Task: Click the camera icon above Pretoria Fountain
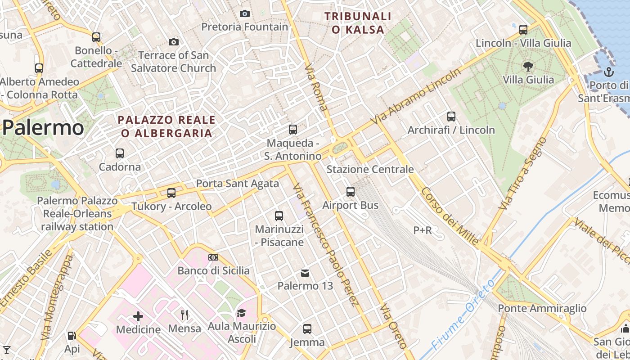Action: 244,13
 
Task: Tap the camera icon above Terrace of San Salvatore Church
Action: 174,42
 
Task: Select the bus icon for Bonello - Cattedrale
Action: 96,37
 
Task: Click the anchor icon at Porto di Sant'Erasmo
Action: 608,72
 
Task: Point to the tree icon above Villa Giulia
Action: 528,67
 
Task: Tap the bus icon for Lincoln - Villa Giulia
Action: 523,30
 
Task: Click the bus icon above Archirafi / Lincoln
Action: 451,116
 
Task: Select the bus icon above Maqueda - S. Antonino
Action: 293,130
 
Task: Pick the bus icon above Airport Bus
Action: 351,192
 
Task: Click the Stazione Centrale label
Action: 370,169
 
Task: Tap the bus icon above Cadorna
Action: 120,153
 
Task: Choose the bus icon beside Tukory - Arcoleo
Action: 171,193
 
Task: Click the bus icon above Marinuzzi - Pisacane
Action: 279,216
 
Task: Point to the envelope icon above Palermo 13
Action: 305,273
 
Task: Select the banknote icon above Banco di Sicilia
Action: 213,257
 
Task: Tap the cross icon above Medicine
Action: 138,316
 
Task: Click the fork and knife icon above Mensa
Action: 184,315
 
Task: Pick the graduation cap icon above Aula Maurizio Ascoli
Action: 242,313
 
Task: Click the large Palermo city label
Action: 43,128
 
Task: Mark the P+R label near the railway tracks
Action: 423,230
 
